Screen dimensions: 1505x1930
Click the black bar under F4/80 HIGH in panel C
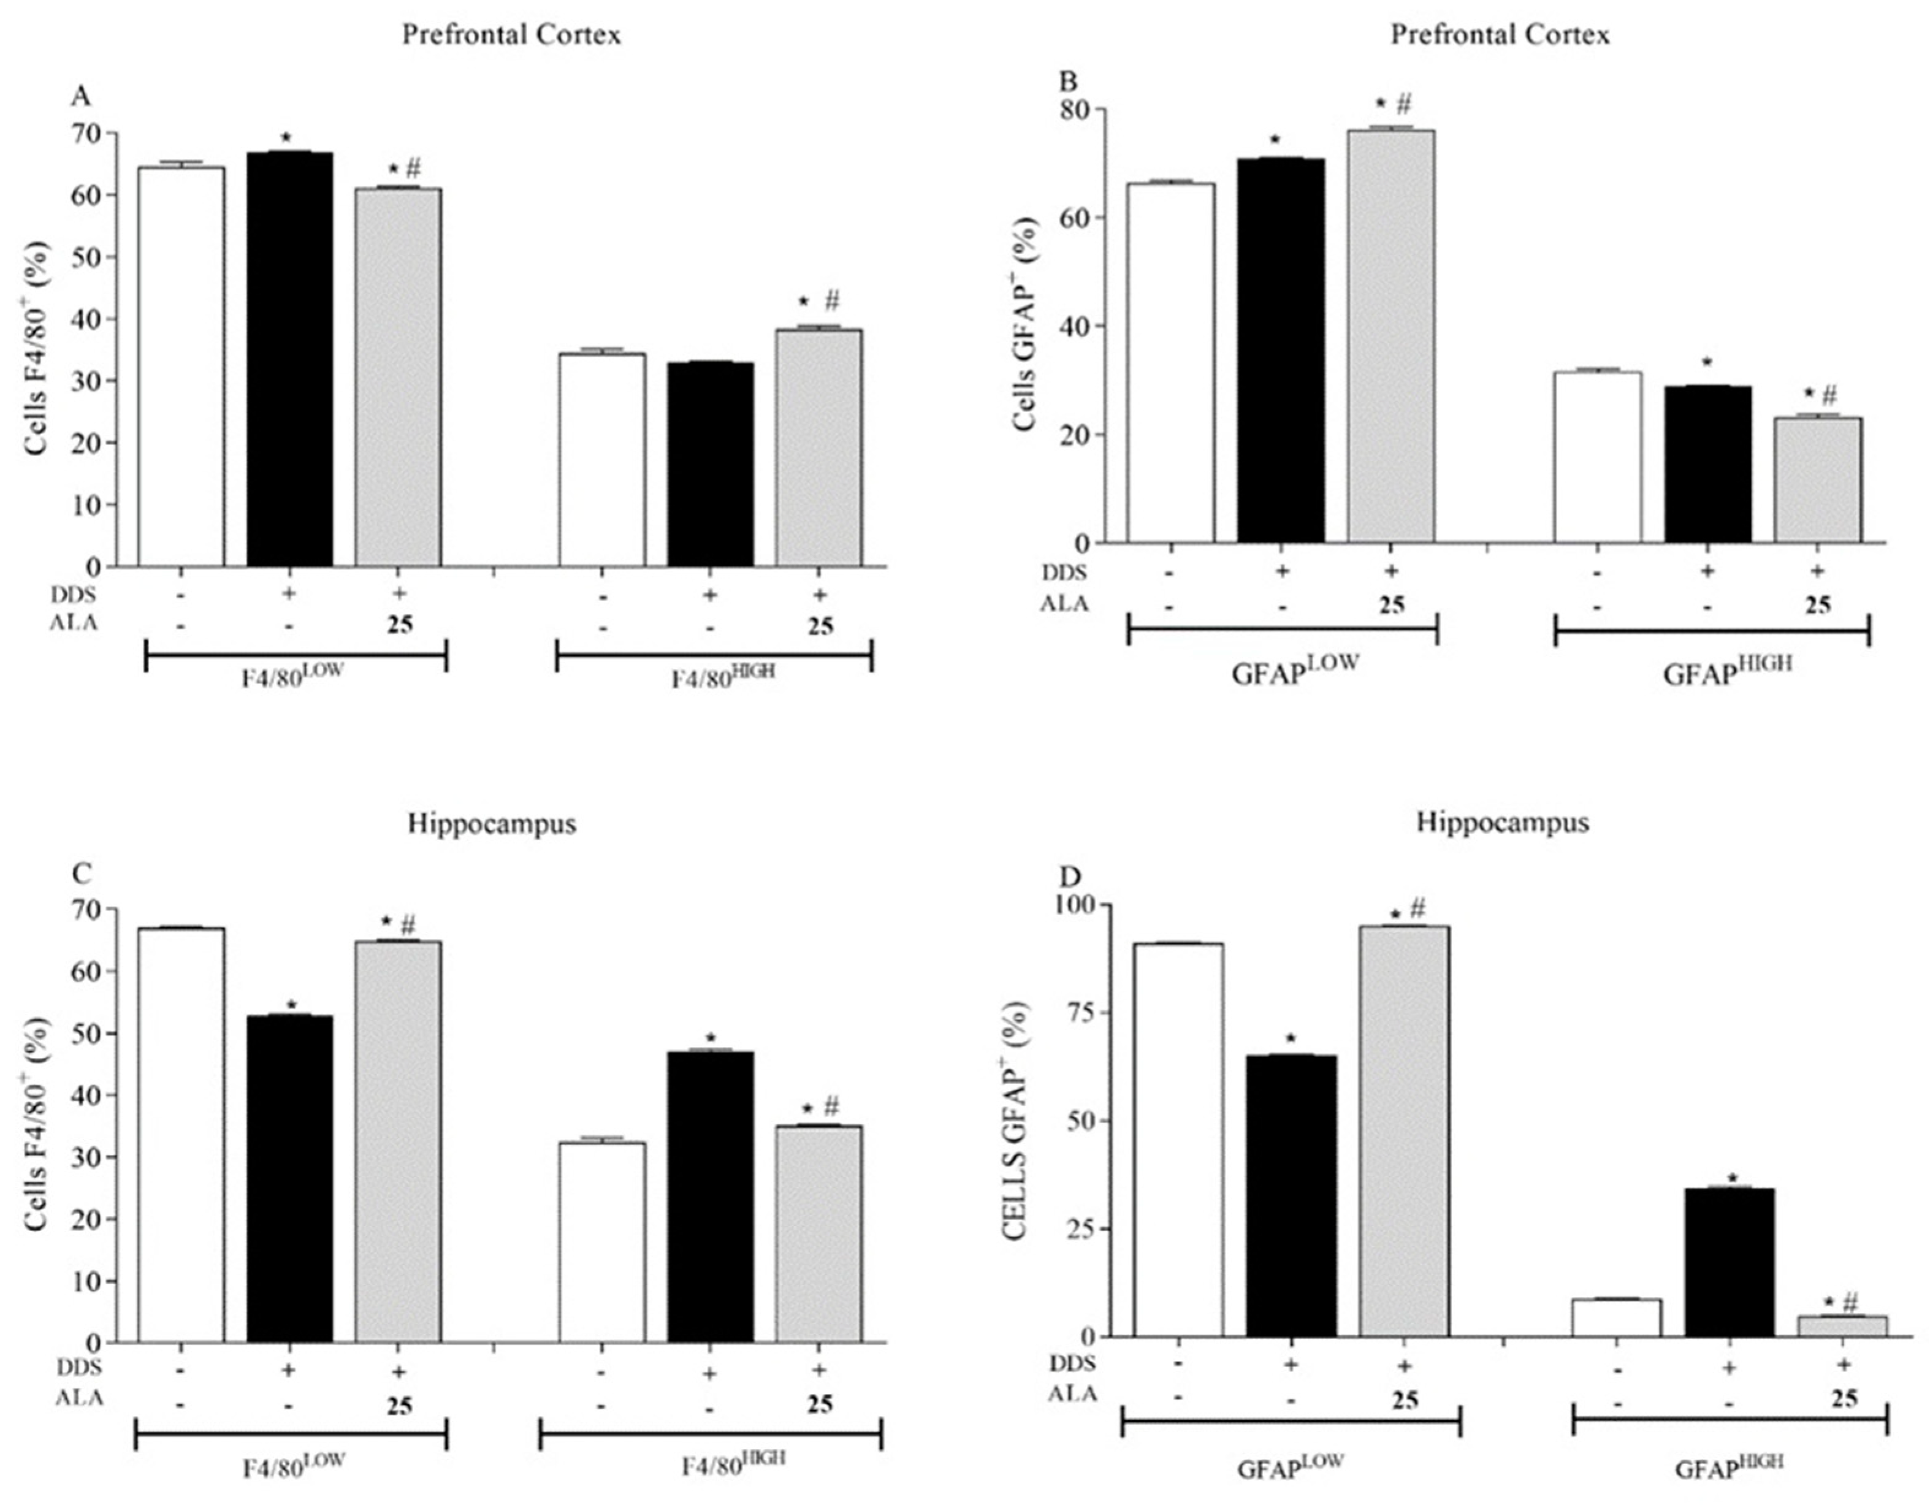tap(711, 1197)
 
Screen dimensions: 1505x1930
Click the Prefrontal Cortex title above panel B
tap(1500, 36)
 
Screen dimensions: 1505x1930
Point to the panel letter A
tap(80, 96)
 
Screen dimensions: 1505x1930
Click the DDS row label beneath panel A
tap(72, 595)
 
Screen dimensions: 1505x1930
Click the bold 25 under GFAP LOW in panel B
tap(1392, 605)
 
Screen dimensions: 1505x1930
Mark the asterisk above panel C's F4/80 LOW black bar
tap(292, 1005)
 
